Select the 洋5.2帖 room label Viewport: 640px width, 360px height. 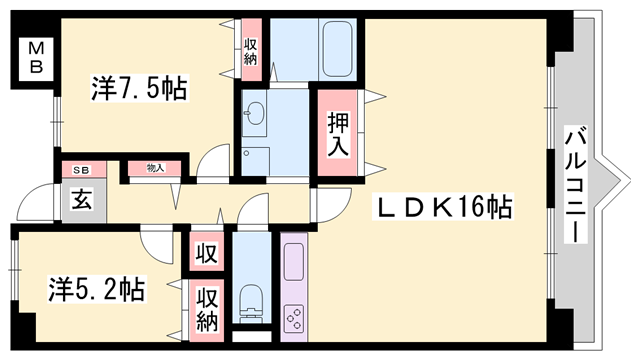pyautogui.click(x=97, y=290)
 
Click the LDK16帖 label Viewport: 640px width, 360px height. pyautogui.click(x=444, y=208)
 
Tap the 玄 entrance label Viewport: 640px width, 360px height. pyautogui.click(x=79, y=197)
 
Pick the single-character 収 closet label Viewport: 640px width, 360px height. pyautogui.click(x=206, y=250)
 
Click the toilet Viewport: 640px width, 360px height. pyautogui.click(x=250, y=301)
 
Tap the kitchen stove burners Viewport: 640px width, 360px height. pyautogui.click(x=297, y=318)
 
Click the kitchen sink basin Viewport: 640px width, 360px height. pyautogui.click(x=297, y=262)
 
